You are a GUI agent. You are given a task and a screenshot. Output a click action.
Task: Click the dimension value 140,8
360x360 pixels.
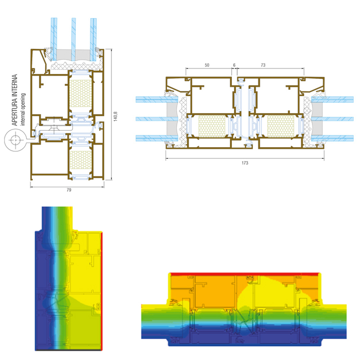click(116, 117)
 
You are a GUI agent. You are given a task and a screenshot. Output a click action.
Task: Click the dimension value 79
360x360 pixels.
click(69, 190)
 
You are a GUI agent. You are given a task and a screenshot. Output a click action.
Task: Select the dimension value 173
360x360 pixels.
click(245, 163)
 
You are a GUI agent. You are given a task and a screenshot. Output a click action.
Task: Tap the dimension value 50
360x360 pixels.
click(207, 65)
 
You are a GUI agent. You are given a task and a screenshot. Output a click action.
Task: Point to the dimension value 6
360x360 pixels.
click(234, 65)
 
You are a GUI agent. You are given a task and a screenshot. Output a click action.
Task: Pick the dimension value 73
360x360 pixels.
click(263, 65)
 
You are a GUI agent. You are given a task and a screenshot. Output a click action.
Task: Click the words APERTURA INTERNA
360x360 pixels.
click(15, 100)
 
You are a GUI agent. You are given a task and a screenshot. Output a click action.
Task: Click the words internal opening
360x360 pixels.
click(23, 109)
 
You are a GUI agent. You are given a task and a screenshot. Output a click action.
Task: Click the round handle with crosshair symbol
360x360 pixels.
click(15, 140)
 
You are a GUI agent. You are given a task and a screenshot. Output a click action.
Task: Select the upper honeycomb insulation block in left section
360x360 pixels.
click(81, 93)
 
